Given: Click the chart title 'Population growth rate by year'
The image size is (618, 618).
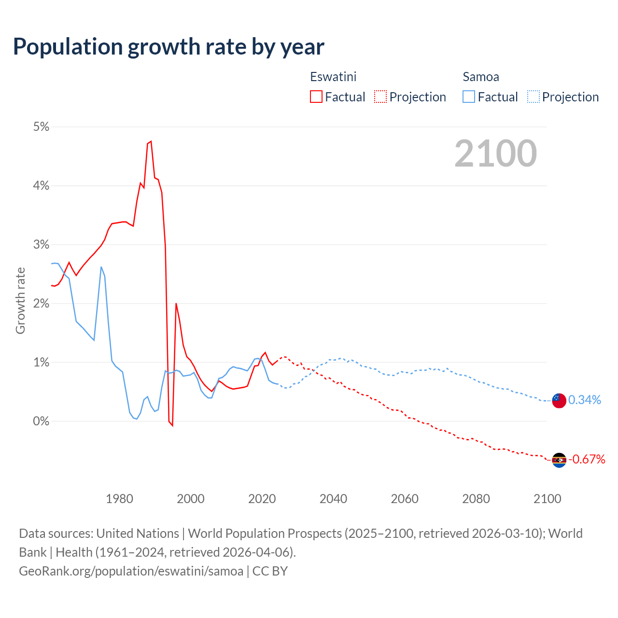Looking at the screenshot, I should pos(169,47).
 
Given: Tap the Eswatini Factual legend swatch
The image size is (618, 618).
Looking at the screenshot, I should pos(316,97).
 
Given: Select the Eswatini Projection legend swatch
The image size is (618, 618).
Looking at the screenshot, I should pos(380,97).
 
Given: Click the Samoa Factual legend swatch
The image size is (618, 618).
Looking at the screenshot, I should pos(469,97).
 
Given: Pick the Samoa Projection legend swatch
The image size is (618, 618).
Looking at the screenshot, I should pos(533,97).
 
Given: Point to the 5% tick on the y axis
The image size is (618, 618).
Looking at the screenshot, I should pos(41,126).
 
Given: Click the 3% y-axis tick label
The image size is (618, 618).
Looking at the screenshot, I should pos(41,244).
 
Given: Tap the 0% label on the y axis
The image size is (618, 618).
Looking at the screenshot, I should pos(41,421).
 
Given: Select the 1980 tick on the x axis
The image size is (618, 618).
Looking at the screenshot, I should pos(119,499).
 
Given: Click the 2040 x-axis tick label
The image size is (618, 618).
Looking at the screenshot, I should pos(333,499).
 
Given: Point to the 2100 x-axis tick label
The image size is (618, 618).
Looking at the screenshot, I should pos(547,499).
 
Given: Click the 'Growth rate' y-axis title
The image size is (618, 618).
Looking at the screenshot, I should pos(20,300).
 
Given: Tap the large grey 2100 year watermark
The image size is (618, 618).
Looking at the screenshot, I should pos(495,153).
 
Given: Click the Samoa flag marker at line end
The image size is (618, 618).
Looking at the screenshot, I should pos(559,400).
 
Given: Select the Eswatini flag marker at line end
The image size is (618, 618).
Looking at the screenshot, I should pos(559,460).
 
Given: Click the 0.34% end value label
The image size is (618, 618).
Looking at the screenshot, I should pos(585,400).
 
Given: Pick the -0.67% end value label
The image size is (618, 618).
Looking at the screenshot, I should pos(587,459).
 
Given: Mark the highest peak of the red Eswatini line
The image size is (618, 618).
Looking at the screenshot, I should pos(151,141).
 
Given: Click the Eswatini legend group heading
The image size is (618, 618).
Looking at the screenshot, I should pos(333,77).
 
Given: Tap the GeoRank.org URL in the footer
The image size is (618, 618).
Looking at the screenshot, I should pos(131,571).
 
